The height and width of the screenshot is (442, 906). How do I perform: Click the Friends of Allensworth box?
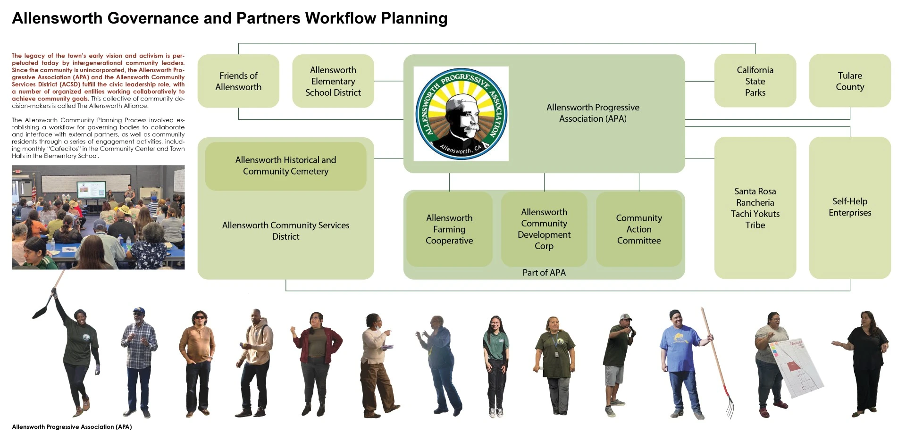238,81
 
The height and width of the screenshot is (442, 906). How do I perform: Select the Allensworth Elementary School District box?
333,81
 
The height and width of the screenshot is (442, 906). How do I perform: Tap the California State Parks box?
755,81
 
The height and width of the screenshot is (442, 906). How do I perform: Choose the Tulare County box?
850,81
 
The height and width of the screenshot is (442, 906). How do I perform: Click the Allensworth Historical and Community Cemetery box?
285,166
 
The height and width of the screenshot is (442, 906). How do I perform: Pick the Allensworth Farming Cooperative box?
449,229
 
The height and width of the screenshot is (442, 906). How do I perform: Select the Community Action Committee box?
639,229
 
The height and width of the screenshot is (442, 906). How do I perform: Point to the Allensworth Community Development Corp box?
544,229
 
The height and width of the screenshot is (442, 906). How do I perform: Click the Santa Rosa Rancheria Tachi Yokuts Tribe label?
755,208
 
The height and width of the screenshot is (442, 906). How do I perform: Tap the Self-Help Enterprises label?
850,207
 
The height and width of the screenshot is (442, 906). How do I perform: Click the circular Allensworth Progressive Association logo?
461,114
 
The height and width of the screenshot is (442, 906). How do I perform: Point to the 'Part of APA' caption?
544,273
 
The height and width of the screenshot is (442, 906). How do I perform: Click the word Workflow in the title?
340,18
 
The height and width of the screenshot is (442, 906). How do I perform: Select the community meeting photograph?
98,217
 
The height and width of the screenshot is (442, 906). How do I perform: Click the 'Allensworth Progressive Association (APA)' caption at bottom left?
72,427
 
